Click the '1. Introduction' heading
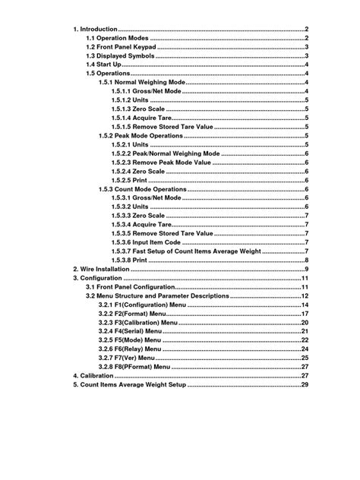coord(96,29)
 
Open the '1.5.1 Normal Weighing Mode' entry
coord(142,82)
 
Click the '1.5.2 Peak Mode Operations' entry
coord(141,135)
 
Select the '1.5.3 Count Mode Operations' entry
coord(143,188)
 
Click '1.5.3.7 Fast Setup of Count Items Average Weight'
coord(185,251)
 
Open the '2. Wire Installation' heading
coord(101,269)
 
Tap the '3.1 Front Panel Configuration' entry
coord(131,286)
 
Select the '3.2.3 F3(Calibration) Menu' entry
coord(143,322)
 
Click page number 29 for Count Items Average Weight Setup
coord(305,384)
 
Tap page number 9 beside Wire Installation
coord(306,269)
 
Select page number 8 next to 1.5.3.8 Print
coord(306,260)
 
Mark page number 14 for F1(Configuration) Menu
coord(305,305)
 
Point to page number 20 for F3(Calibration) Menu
coord(305,322)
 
